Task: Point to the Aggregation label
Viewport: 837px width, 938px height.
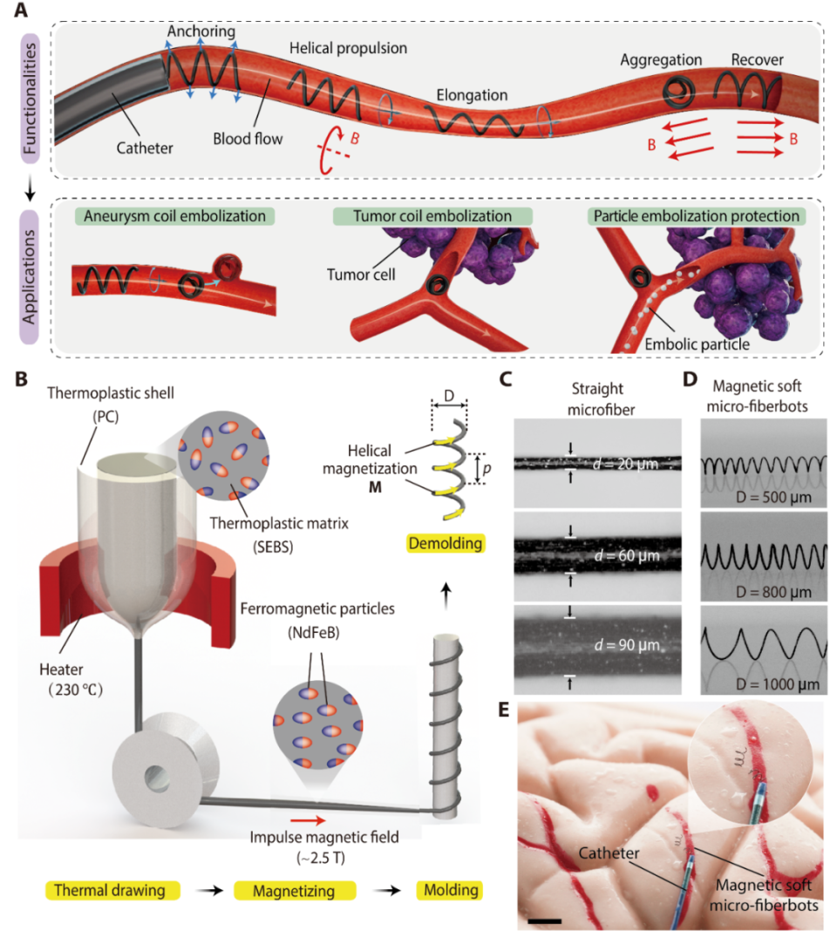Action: tap(662, 60)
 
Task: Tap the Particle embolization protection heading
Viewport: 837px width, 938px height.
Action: tap(696, 214)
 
